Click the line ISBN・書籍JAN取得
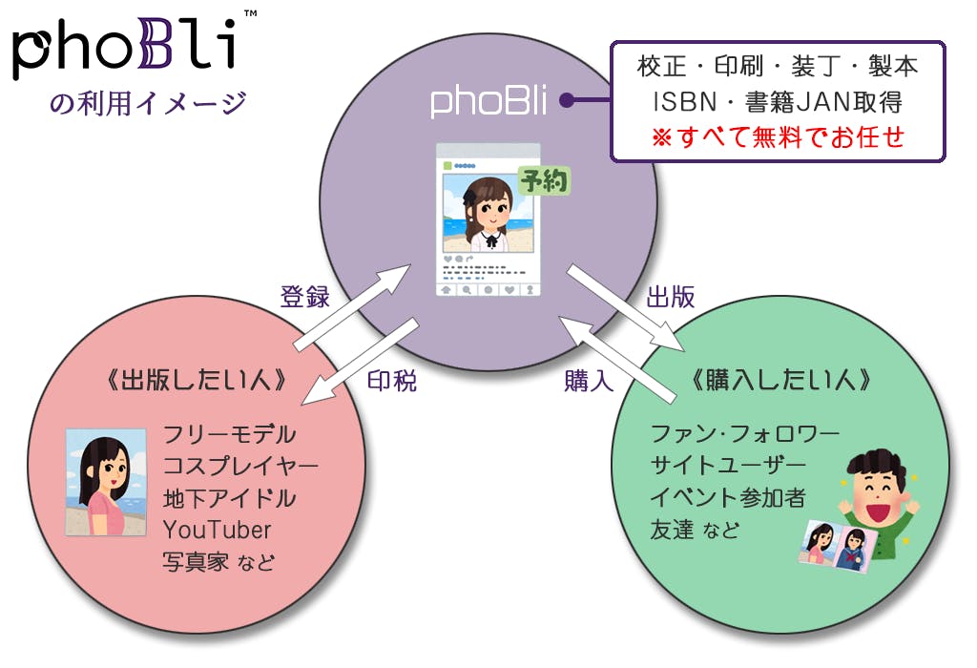778,100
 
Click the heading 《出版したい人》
198,381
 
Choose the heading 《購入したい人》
780,381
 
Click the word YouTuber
217,530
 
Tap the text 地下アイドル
229,498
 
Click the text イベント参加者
728,497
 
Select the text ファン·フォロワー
744,434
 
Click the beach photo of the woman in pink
105,482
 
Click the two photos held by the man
837,548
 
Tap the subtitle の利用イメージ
148,101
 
